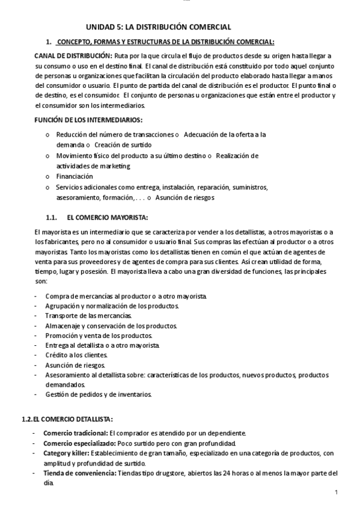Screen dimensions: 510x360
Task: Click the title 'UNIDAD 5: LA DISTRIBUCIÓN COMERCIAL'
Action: pyautogui.click(x=159, y=28)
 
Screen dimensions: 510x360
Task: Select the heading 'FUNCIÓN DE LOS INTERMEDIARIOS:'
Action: pyautogui.click(x=89, y=120)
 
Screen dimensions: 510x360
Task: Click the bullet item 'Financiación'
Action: pyautogui.click(x=75, y=176)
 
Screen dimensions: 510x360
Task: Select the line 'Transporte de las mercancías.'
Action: pyautogui.click(x=88, y=315)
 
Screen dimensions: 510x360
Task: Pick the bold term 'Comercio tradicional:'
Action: pyautogui.click(x=75, y=433)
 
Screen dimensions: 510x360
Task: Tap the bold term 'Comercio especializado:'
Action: pyautogui.click(x=79, y=443)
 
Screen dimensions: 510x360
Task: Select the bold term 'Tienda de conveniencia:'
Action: pyautogui.click(x=79, y=472)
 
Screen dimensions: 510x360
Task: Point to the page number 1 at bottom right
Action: pyautogui.click(x=337, y=493)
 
